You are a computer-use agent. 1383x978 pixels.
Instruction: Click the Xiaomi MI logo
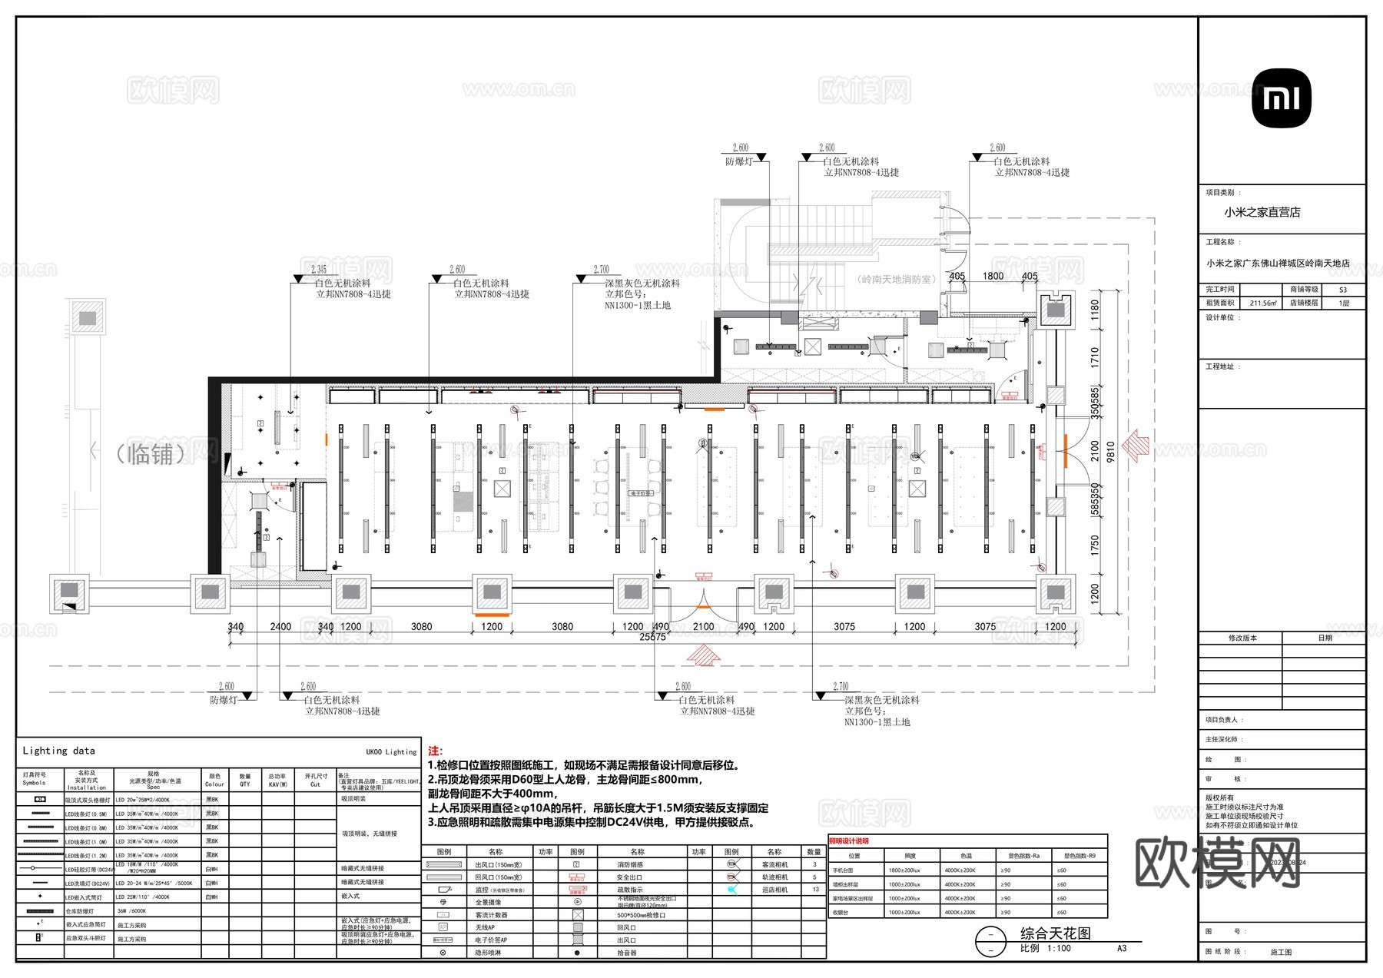click(x=1282, y=98)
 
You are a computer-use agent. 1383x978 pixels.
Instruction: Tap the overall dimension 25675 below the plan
click(x=652, y=637)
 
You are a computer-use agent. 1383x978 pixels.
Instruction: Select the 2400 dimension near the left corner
click(x=280, y=627)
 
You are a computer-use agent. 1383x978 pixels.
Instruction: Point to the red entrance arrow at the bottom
click(x=703, y=655)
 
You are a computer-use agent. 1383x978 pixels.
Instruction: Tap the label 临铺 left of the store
click(x=151, y=454)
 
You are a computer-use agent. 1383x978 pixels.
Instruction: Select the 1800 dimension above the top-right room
click(x=993, y=277)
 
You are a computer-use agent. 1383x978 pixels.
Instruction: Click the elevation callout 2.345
click(x=318, y=269)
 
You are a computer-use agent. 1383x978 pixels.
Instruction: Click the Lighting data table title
click(x=59, y=751)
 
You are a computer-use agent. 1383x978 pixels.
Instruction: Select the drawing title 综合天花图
click(x=1055, y=933)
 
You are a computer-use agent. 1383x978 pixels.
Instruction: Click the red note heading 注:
click(x=435, y=751)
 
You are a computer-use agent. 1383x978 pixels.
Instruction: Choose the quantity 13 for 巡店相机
click(x=814, y=890)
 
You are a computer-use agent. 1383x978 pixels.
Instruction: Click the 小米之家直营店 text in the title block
click(x=1262, y=213)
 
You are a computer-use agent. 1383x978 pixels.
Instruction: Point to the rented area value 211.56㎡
click(x=1262, y=303)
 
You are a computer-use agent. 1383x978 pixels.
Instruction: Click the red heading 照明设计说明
click(x=848, y=841)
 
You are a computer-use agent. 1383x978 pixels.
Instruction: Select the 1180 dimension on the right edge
click(x=1095, y=310)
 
